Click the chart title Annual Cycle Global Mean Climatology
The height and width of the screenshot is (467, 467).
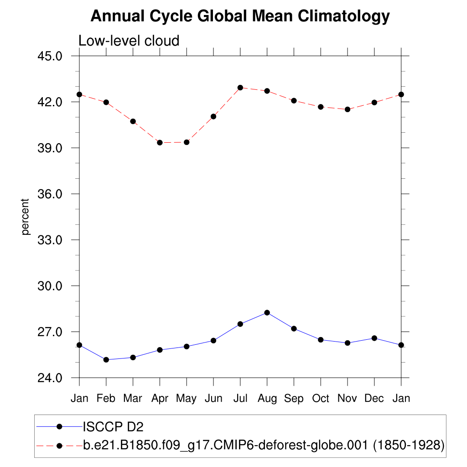coord(240,16)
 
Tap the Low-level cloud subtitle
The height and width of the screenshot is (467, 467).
coord(129,41)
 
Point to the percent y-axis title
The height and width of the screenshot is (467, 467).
coord(26,217)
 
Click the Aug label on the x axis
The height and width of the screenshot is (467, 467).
coord(267,399)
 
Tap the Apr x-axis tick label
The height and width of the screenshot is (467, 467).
coord(160,399)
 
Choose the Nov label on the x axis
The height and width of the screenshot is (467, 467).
coord(347,399)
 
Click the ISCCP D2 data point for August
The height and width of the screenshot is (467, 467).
coord(267,312)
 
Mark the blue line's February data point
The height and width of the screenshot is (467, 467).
coord(106,360)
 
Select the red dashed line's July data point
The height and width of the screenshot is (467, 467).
coord(240,88)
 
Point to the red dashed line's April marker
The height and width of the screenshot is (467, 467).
coord(160,143)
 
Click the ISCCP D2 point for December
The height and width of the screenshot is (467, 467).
coord(374,338)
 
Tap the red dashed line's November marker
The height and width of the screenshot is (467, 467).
coord(348,109)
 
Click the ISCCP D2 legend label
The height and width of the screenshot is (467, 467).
coord(113,426)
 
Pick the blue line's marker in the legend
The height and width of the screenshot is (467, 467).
coord(59,426)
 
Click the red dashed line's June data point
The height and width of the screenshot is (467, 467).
coord(213,116)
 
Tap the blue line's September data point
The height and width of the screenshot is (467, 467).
coord(294,328)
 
